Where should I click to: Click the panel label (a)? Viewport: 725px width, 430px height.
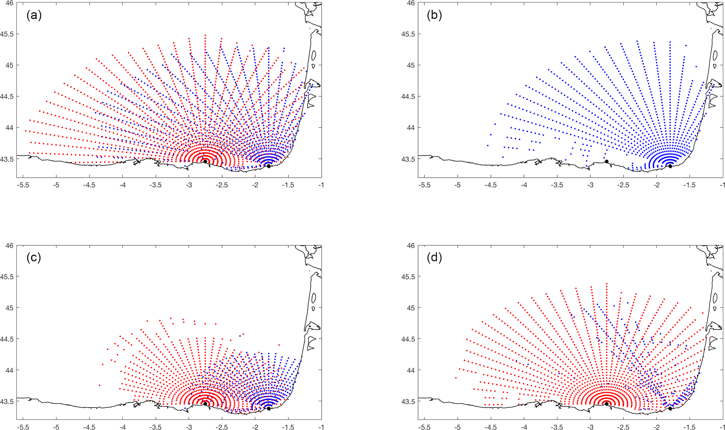pyautogui.click(x=34, y=15)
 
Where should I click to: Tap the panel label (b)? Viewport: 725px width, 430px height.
pyautogui.click(x=434, y=15)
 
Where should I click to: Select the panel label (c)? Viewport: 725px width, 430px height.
pyautogui.click(x=34, y=258)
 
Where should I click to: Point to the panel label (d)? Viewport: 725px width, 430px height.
pyautogui.click(x=434, y=258)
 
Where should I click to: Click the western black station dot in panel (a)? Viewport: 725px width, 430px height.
pyautogui.click(x=205, y=161)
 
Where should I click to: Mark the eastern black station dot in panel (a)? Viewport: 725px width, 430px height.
pyautogui.click(x=269, y=166)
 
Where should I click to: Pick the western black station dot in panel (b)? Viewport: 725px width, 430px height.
pyautogui.click(x=606, y=161)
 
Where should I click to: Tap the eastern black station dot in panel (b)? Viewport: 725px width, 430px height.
pyautogui.click(x=670, y=166)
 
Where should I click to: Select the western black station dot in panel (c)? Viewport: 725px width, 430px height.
pyautogui.click(x=205, y=404)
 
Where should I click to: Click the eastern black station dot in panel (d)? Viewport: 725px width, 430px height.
pyautogui.click(x=670, y=409)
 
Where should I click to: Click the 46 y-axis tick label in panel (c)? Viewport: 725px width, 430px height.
pyautogui.click(x=9, y=246)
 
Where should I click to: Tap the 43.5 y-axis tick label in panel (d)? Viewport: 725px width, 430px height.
pyautogui.click(x=408, y=401)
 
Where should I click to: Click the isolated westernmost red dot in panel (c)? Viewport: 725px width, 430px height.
pyautogui.click(x=99, y=385)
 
